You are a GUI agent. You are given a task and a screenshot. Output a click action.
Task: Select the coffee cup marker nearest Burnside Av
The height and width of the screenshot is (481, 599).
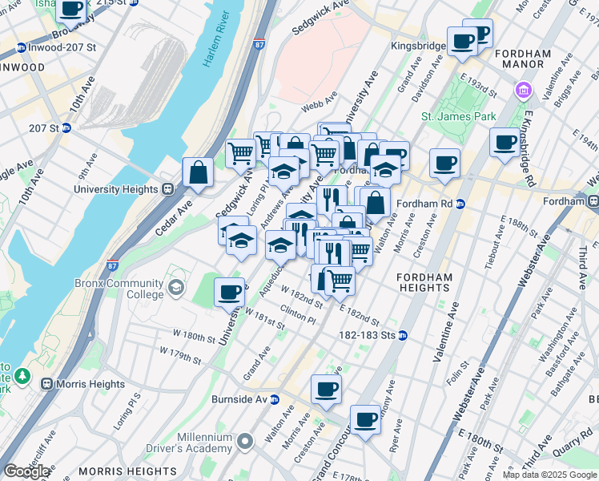pyautogui.click(x=326, y=390)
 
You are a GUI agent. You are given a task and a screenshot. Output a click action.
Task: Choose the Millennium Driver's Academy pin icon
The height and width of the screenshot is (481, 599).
pyautogui.click(x=247, y=441)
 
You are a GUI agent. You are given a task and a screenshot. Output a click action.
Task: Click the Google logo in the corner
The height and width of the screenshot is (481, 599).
pyautogui.click(x=26, y=471)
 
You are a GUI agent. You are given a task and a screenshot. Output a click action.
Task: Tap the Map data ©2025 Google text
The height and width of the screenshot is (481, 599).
pyautogui.click(x=549, y=475)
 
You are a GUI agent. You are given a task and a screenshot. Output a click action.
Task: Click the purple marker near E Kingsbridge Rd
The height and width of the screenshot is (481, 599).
pyautogui.click(x=525, y=89)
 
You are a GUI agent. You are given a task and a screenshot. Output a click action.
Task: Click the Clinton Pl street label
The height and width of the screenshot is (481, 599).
pyautogui.click(x=297, y=316)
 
